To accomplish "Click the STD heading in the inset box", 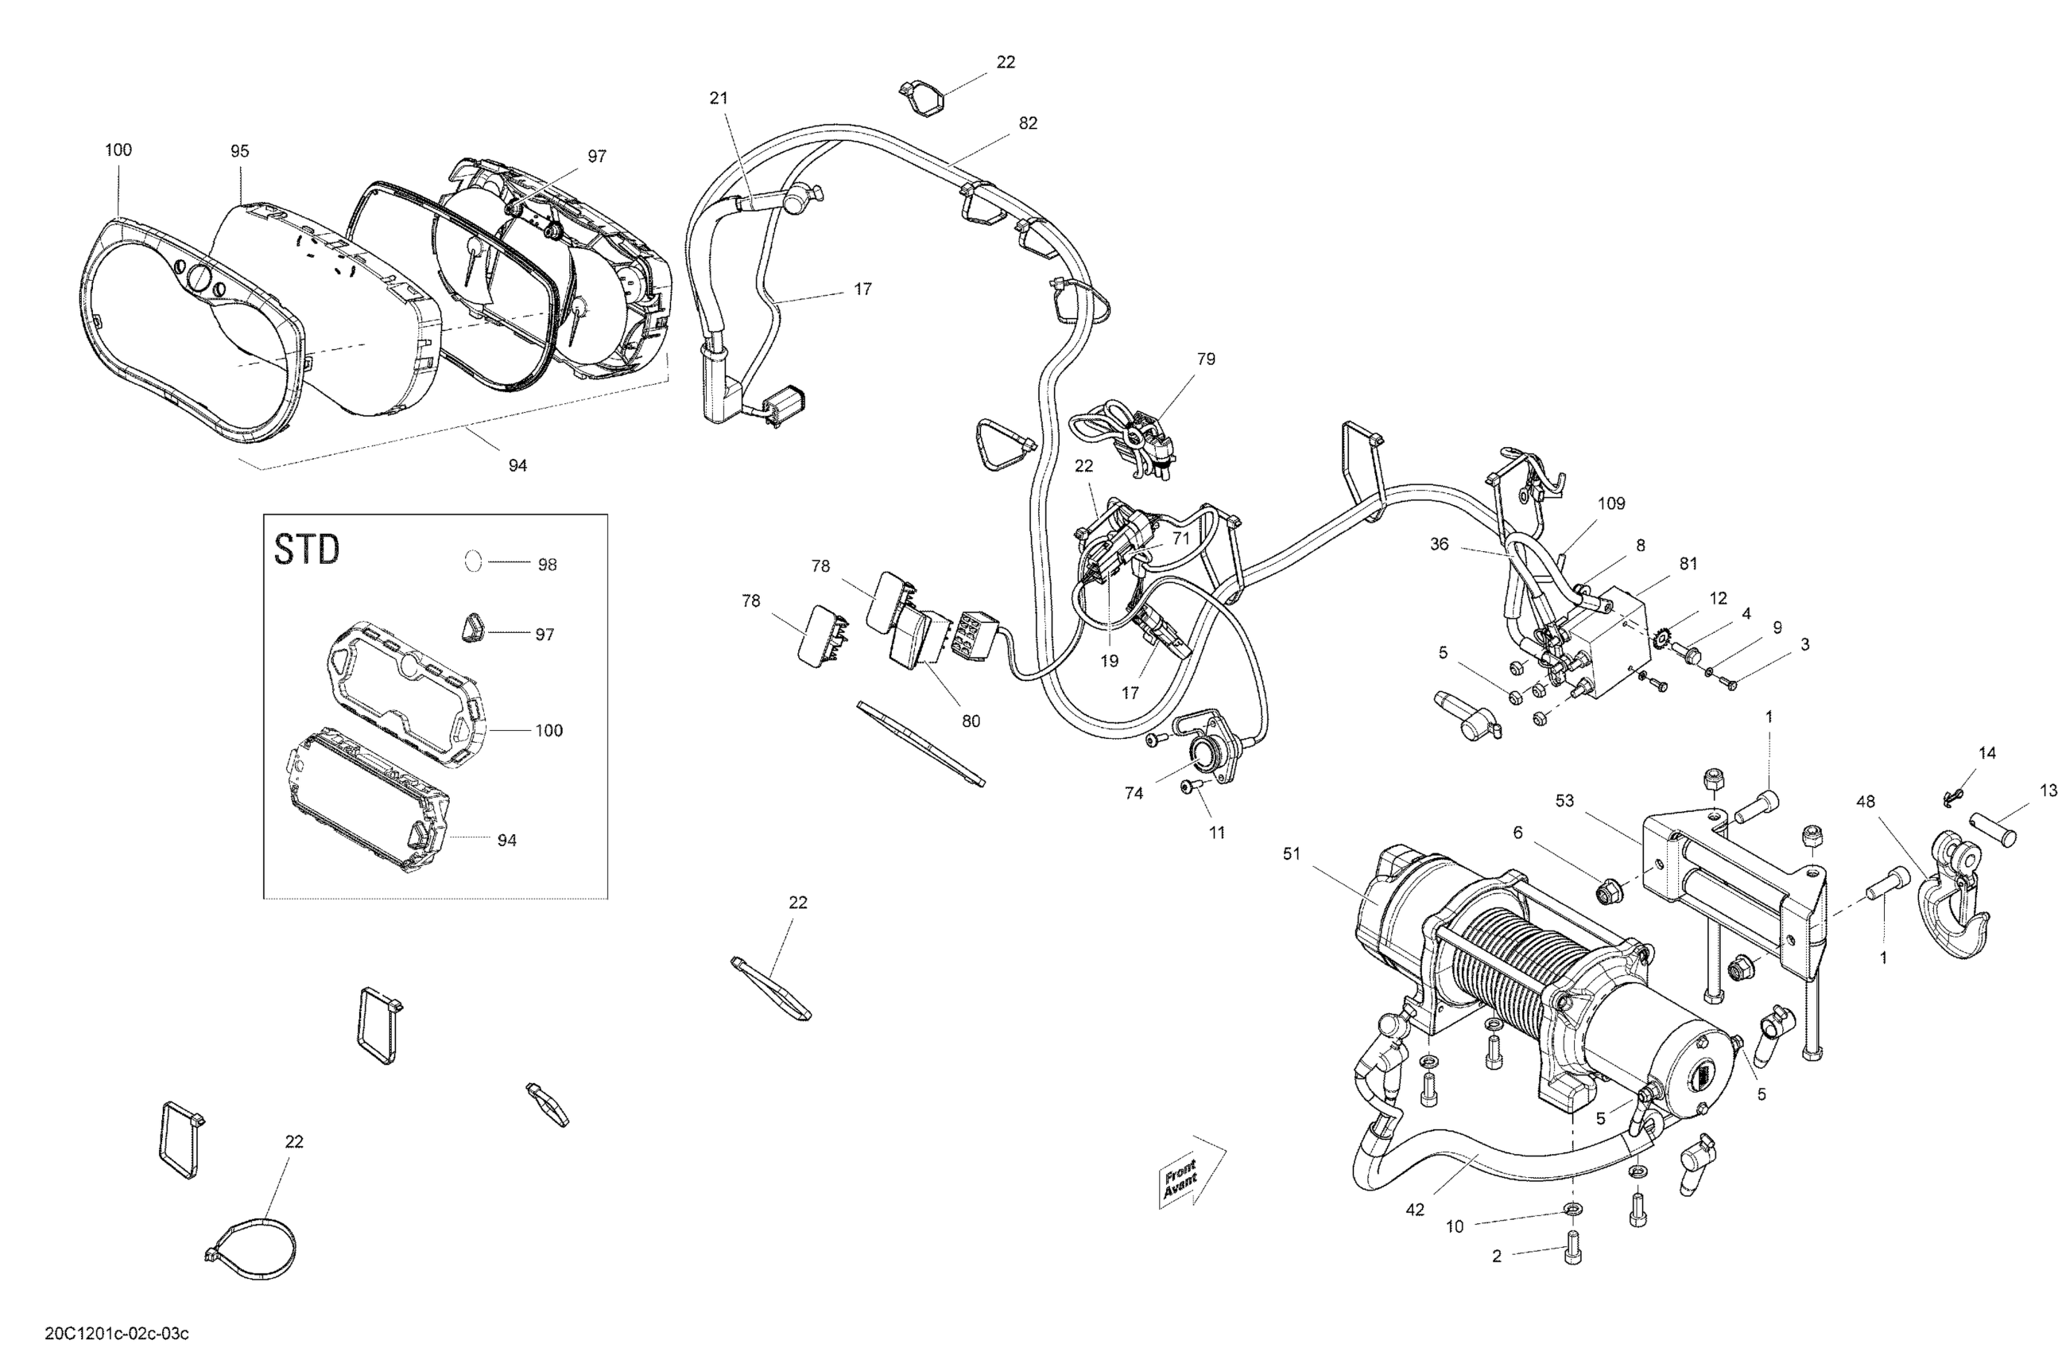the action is click(306, 550).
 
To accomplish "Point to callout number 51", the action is click(1291, 854).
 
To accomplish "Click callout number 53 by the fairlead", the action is click(1564, 801).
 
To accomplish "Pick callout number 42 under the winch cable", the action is click(1414, 1210).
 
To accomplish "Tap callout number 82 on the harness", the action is click(1027, 124).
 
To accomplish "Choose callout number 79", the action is click(1205, 359).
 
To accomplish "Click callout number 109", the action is click(1611, 503).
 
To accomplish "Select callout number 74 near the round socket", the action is click(1133, 793).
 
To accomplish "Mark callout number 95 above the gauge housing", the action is click(239, 151).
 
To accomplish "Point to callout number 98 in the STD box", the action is click(548, 565).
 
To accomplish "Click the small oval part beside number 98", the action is click(473, 561).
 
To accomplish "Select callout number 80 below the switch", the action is click(971, 721).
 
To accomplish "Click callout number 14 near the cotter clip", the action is click(1987, 753).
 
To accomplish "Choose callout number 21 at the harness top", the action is click(719, 99).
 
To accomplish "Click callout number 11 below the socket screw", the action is click(1217, 833).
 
